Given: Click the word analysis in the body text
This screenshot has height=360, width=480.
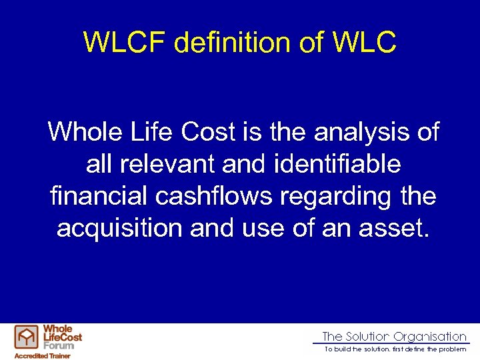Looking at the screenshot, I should click(364, 132).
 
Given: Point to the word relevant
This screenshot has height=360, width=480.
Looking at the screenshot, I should click(152, 164).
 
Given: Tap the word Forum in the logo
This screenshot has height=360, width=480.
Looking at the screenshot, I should click(59, 345).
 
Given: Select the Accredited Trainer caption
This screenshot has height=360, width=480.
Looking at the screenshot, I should click(42, 356).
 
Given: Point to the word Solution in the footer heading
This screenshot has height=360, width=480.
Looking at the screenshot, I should click(367, 337).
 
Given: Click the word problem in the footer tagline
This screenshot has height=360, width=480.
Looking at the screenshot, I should click(451, 349).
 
